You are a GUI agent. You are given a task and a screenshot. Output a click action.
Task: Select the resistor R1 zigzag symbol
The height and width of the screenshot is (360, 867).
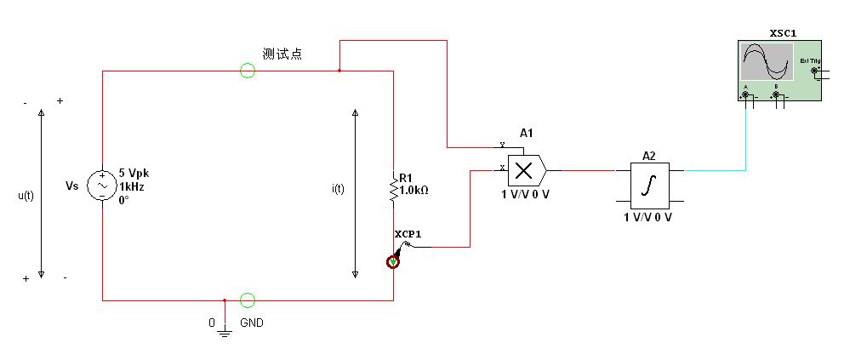[x=393, y=190]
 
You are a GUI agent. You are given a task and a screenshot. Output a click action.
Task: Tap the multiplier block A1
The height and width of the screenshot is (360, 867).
[x=524, y=170]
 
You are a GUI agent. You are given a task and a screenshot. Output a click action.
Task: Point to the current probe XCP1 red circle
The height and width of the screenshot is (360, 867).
[x=393, y=261]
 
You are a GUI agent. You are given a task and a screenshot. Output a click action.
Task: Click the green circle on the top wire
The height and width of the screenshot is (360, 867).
[x=248, y=71]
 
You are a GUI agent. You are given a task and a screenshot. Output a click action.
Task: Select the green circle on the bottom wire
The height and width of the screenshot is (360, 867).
[x=248, y=300]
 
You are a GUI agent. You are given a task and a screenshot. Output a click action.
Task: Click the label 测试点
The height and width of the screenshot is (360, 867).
[x=282, y=54]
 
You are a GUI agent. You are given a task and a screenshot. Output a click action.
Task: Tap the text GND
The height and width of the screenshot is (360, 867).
[x=253, y=323]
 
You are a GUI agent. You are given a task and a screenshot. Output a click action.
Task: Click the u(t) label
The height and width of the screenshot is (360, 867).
[x=26, y=195]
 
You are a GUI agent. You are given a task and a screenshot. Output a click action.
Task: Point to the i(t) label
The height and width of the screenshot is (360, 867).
[x=338, y=189]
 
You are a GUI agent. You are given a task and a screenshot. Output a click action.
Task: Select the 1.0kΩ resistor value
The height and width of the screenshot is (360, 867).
[x=414, y=190]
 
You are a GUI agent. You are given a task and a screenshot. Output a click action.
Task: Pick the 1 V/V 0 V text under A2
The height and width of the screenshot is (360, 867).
[x=648, y=217]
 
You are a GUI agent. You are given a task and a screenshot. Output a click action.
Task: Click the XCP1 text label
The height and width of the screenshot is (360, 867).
[x=408, y=233]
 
